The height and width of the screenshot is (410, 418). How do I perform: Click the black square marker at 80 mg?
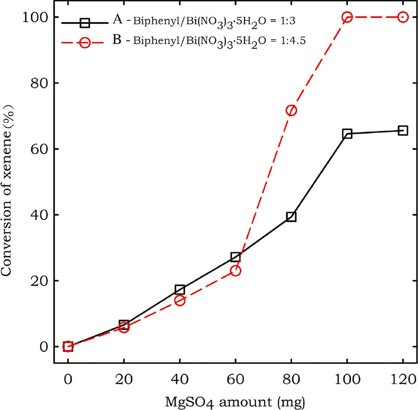pos(291,217)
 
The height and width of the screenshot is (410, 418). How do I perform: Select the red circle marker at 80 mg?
pos(291,111)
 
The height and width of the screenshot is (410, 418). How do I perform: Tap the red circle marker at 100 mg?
pos(347,17)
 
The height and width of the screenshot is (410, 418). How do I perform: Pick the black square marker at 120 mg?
pos(403,131)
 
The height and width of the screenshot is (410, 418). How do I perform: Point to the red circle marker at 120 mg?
pos(403,17)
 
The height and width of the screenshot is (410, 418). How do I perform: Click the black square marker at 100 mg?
pos(347,134)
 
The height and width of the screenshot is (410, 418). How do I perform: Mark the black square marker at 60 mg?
pos(236,257)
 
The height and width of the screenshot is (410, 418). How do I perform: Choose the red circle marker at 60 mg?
pos(236,271)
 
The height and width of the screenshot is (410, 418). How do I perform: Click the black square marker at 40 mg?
pos(180,289)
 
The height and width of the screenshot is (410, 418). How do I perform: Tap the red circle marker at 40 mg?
pos(180,300)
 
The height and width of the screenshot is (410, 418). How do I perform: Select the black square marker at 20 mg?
pos(124,324)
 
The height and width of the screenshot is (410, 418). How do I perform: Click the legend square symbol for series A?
pos(85,22)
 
